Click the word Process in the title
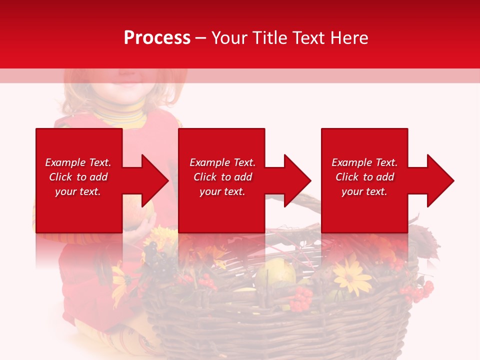click(157, 38)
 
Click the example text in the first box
click(78, 177)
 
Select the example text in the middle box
click(222, 177)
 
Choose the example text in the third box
click(364, 177)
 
